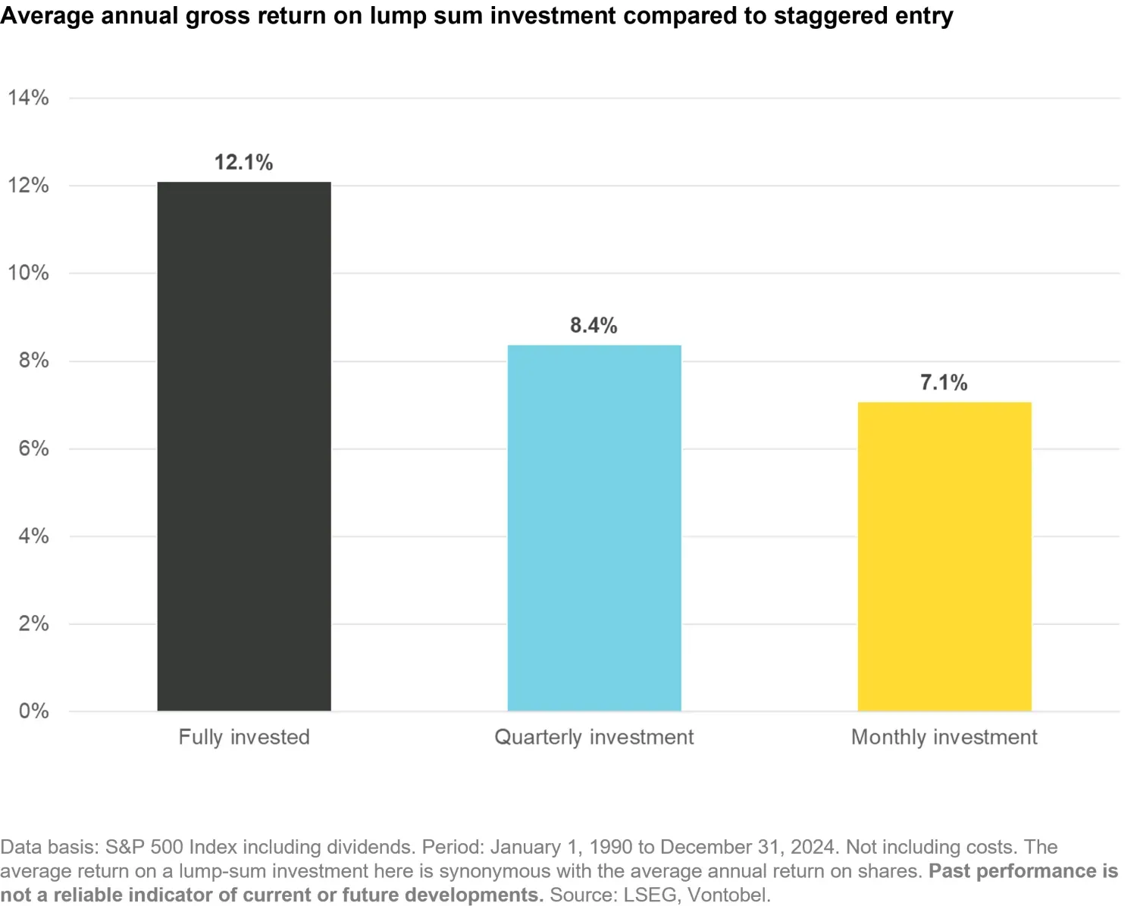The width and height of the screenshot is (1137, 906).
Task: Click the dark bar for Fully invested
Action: point(244,446)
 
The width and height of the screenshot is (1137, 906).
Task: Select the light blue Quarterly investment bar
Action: point(594,528)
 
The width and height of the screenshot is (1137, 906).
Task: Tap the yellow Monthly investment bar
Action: point(944,556)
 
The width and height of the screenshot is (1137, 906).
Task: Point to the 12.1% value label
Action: point(243,162)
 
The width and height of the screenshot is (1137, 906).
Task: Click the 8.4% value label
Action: point(594,326)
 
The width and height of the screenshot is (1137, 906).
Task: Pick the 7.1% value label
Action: point(944,383)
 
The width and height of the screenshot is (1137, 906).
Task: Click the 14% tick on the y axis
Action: point(28,98)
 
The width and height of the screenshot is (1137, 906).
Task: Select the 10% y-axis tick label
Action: point(28,273)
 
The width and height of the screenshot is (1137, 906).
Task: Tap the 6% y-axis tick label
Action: point(33,448)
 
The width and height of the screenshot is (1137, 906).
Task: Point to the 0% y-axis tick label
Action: point(33,711)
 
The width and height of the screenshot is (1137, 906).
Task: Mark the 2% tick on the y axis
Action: point(33,623)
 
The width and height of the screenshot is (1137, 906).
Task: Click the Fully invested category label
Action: point(244,737)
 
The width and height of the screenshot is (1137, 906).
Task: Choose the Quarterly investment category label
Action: point(594,737)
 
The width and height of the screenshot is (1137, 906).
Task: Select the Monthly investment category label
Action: point(944,737)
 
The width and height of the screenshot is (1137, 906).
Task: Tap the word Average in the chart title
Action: point(47,16)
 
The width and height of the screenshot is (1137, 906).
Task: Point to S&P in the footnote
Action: point(124,847)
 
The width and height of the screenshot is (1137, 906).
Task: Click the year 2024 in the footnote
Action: point(813,847)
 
